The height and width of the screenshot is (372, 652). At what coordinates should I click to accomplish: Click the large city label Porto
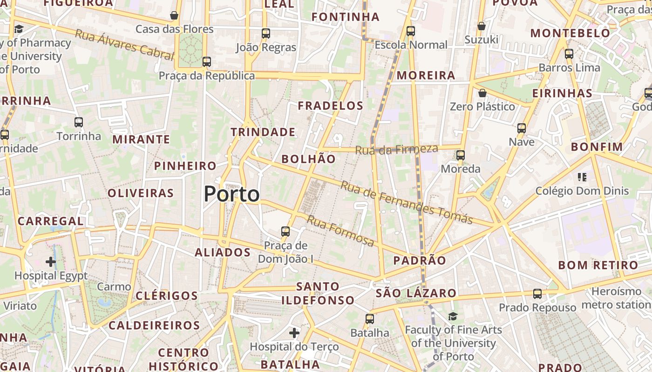(x=231, y=194)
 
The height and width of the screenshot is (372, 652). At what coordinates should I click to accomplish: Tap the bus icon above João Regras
(x=266, y=33)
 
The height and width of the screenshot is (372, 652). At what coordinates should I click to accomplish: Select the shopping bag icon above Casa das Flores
(x=174, y=16)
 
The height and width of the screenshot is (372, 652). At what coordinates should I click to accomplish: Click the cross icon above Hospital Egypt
(x=51, y=262)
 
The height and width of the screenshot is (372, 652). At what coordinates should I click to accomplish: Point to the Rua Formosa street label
(x=340, y=231)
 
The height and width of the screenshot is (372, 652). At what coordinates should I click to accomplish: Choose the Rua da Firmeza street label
(x=396, y=150)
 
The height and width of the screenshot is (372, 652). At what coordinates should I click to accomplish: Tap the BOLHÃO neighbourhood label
(x=308, y=159)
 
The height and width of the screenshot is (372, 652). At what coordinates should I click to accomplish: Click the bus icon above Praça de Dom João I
(x=285, y=231)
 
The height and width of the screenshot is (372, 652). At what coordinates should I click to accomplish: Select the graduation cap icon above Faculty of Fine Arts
(x=453, y=317)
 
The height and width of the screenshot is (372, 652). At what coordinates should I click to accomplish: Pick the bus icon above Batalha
(x=370, y=319)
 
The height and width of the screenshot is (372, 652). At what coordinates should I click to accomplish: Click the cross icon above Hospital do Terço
(x=294, y=332)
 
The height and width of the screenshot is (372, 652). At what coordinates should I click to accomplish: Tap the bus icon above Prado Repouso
(x=537, y=294)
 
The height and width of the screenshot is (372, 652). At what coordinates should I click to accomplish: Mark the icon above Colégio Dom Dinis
(x=582, y=177)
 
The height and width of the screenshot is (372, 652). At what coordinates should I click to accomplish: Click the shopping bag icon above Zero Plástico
(x=482, y=93)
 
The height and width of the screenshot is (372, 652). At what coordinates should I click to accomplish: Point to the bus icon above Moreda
(x=461, y=155)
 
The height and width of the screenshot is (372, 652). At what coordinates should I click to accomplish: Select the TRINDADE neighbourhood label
(x=263, y=133)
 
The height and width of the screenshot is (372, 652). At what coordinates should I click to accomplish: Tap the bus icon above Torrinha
(x=79, y=122)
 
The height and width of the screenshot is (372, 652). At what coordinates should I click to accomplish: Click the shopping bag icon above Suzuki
(x=482, y=26)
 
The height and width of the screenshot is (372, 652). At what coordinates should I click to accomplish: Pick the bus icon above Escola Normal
(x=411, y=31)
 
